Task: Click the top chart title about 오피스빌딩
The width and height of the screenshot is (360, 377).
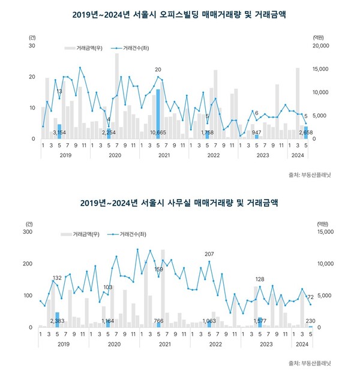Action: click(179, 13)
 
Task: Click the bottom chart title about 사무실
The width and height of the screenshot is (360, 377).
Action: click(179, 203)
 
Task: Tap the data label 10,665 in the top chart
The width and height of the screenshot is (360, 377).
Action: click(158, 132)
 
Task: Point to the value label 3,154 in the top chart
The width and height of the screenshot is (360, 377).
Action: click(59, 132)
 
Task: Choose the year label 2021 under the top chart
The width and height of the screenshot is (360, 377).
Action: click(163, 155)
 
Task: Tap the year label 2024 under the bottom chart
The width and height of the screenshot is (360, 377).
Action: click(302, 344)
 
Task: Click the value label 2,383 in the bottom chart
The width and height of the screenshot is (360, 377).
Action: click(57, 321)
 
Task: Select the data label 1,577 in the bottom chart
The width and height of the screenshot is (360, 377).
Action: click(260, 321)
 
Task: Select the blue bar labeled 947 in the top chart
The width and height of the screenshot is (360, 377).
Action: click(257, 137)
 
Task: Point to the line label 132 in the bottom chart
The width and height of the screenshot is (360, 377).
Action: click(58, 278)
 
